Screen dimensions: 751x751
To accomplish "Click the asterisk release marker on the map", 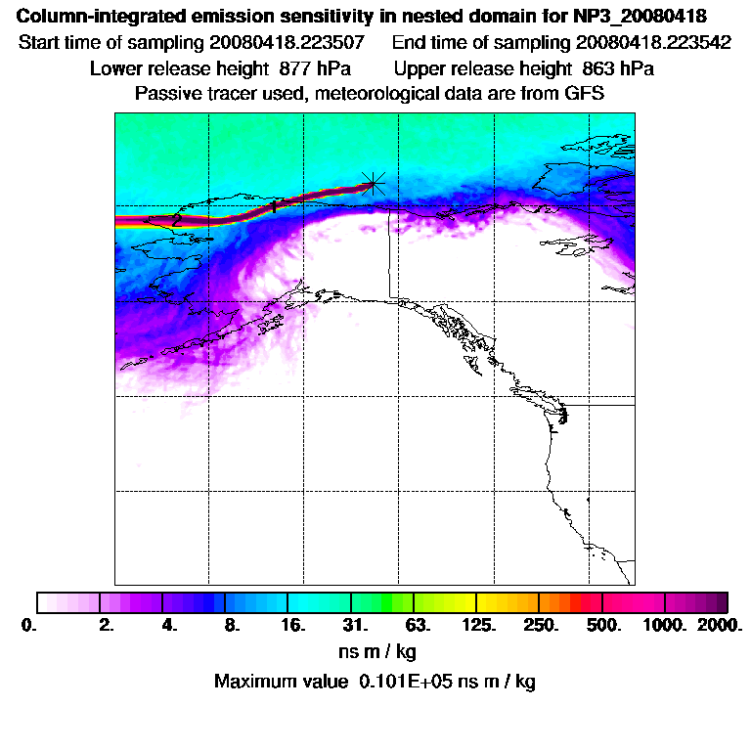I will click(373, 182).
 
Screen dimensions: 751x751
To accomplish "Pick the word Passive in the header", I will click(166, 94).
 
